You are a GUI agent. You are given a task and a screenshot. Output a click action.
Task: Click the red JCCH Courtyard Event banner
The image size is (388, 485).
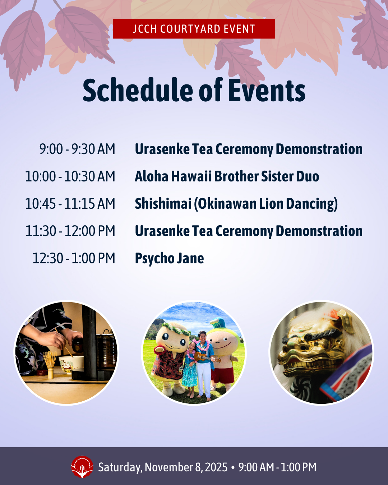[x=194, y=29]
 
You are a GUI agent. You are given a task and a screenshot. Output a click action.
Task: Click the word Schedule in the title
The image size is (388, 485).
[x=138, y=90]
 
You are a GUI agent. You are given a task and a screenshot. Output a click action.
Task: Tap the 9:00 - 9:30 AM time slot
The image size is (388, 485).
[x=77, y=149]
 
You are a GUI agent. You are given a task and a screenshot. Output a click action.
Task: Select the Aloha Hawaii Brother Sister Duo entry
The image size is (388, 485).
[x=227, y=176]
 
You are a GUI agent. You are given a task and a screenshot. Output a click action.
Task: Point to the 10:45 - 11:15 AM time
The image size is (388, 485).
[x=70, y=204]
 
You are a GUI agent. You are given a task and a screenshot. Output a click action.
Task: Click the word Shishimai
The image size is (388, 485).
[x=163, y=204]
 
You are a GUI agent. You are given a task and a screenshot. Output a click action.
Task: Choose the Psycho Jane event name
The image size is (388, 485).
[x=169, y=259]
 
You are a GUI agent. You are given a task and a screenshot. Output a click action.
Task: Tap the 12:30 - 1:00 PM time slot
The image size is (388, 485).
[x=74, y=258]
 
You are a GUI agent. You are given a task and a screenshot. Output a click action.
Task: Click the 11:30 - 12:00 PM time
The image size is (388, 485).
[x=70, y=231]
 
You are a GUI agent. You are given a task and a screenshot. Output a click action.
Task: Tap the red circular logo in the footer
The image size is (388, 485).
[x=82, y=467]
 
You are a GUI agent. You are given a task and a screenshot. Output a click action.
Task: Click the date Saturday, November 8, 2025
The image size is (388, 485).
[x=163, y=467]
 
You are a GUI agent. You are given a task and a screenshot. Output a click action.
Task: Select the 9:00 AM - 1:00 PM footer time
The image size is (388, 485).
[x=277, y=467]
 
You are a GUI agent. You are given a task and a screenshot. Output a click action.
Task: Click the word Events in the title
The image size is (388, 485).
[x=267, y=90]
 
